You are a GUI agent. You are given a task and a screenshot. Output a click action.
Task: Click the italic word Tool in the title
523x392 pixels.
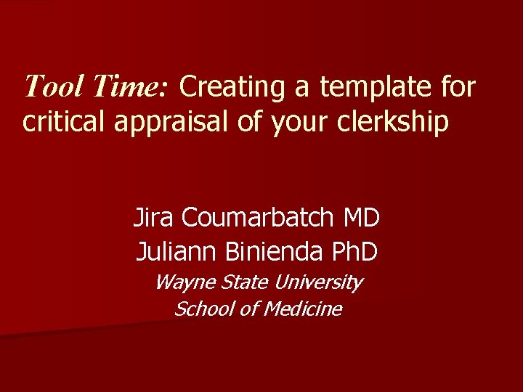tap(52, 87)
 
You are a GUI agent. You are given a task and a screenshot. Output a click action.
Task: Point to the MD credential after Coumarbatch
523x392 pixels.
tap(362, 216)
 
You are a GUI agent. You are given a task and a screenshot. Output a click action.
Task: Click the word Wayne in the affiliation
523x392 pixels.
tap(179, 282)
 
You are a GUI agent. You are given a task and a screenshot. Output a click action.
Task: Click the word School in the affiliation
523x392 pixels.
tap(202, 309)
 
